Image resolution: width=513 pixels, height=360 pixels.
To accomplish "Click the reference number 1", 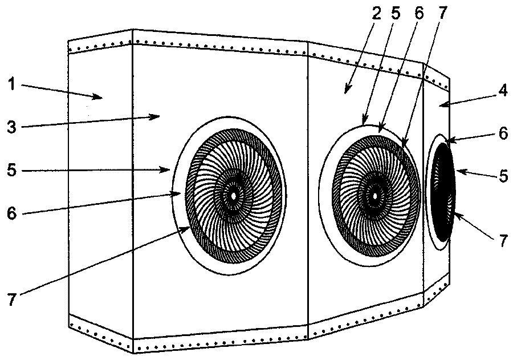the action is (12, 84).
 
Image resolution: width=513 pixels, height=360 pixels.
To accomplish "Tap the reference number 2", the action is (377, 14).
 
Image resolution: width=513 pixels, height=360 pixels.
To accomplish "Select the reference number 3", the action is (12, 126).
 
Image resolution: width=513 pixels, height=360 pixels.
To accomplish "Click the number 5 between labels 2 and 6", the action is (396, 14).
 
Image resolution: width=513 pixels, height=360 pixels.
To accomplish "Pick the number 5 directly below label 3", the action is (12, 170).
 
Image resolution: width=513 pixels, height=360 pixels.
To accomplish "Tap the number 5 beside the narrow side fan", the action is (503, 176).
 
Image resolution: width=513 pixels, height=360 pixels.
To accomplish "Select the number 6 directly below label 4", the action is (503, 134).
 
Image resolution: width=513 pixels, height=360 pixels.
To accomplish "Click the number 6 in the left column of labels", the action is (12, 213).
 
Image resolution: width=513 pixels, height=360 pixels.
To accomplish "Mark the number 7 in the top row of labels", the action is (441, 14).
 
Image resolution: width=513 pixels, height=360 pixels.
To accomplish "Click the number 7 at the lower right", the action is (503, 241).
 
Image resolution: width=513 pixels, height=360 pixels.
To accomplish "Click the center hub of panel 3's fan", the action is (233, 196).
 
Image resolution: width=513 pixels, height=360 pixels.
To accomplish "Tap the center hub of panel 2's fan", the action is (374, 196).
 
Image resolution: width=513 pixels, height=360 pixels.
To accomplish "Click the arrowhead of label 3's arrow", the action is (156, 116).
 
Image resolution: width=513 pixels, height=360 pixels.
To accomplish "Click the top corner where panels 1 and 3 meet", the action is (132, 30).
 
